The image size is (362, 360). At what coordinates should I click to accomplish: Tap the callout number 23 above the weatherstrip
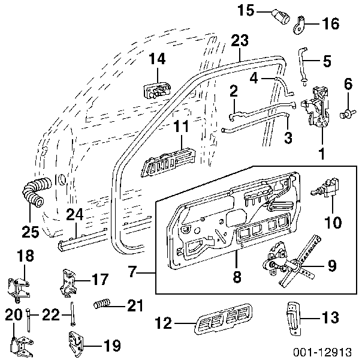(239, 41)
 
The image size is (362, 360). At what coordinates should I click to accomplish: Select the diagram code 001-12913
(327, 350)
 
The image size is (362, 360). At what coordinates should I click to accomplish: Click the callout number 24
(74, 213)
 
